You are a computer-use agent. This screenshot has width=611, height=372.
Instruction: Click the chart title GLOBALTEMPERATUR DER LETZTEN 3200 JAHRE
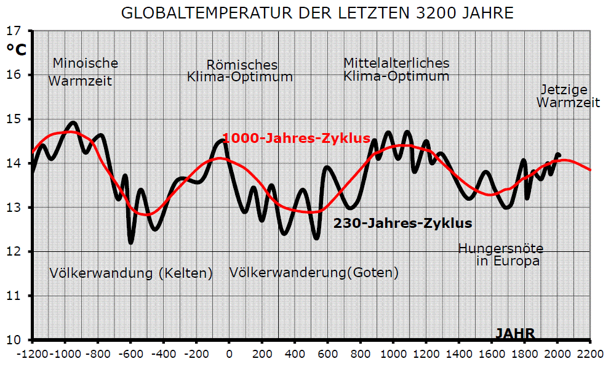[317, 13]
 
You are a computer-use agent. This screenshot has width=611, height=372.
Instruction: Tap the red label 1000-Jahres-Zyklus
[296, 138]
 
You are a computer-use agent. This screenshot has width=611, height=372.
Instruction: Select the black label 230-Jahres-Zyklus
[402, 223]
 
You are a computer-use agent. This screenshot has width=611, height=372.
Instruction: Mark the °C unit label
[17, 50]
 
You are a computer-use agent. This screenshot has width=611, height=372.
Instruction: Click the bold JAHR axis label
[515, 334]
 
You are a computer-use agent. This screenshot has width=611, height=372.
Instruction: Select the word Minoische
[85, 63]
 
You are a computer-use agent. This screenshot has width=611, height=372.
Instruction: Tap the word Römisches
[242, 65]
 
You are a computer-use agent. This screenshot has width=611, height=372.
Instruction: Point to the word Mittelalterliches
[396, 63]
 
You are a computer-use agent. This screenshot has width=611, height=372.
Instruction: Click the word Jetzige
[564, 89]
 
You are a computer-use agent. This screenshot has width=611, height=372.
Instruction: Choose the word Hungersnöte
[501, 248]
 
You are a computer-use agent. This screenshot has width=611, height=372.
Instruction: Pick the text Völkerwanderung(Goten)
[314, 272]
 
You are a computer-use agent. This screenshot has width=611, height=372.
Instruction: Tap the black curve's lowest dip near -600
[131, 241]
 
